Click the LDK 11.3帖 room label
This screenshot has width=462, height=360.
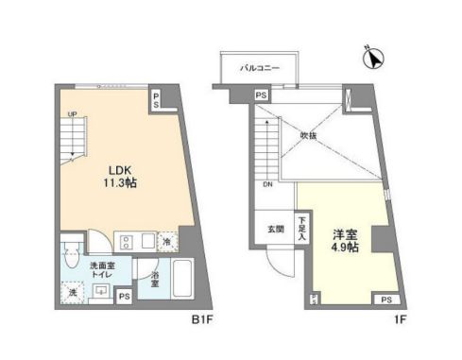click(120, 177)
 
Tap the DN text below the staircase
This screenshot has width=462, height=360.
click(267, 185)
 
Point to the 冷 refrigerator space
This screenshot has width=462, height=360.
click(166, 241)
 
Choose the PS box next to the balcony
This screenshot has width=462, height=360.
click(261, 94)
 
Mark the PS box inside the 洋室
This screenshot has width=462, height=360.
click(385, 300)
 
